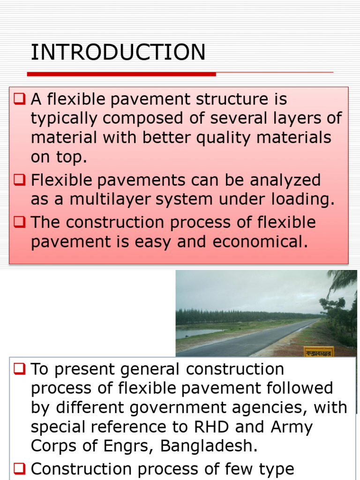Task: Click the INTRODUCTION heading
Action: coord(118,52)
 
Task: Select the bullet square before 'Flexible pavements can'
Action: coord(19,180)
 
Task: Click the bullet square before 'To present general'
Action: coord(19,369)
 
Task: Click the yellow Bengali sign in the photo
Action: coord(319,352)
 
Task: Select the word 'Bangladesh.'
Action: coord(209,446)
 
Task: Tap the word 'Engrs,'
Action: coord(128,446)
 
